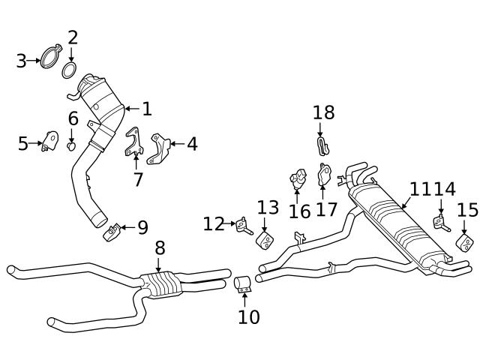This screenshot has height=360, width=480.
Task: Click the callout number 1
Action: tap(147, 109)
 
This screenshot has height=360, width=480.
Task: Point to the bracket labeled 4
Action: tap(160, 148)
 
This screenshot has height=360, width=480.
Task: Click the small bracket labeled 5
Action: tap(50, 142)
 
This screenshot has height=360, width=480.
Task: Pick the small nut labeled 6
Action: tap(72, 145)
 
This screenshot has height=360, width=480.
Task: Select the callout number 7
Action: tap(137, 180)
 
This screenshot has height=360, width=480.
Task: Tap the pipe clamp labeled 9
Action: tap(112, 233)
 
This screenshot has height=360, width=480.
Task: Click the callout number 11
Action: tap(420, 189)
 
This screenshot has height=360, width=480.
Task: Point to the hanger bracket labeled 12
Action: tap(242, 224)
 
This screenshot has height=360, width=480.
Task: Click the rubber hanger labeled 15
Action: tap(464, 243)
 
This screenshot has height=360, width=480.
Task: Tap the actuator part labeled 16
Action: tap(298, 181)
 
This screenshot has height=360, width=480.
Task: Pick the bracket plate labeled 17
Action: tap(325, 175)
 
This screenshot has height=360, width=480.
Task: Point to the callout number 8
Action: tap(160, 247)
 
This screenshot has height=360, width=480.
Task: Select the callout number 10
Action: tap(248, 316)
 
